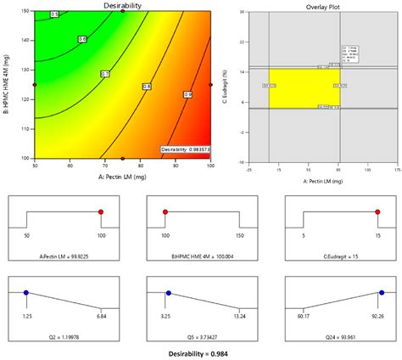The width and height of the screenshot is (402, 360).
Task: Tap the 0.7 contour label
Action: [x=105, y=74]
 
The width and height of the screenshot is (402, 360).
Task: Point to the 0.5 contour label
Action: [x=55, y=14]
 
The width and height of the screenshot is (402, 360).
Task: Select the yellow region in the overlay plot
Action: [x=304, y=87]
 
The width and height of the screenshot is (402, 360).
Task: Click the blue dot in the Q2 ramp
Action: [x=27, y=292]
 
